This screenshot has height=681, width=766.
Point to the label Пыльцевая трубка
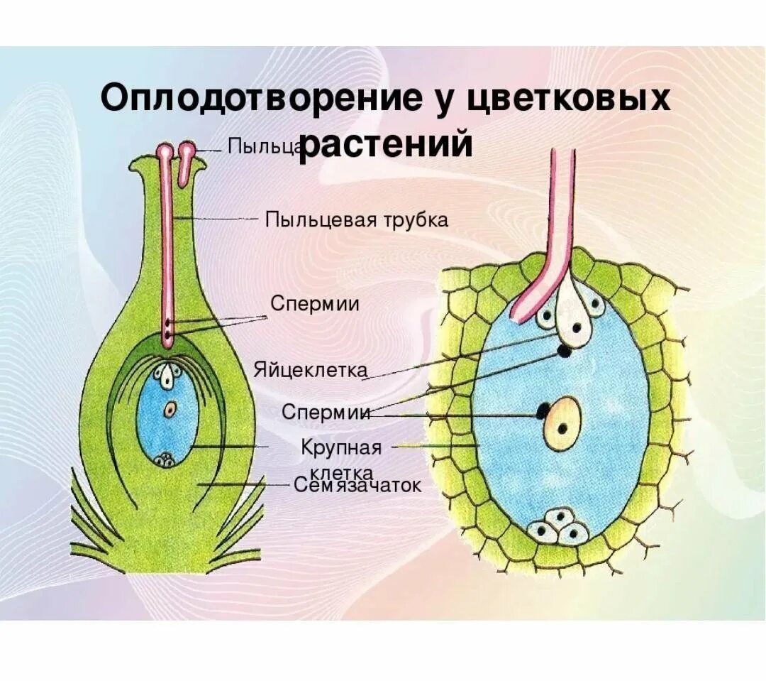[x=357, y=219]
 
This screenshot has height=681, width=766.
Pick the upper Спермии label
[x=314, y=304]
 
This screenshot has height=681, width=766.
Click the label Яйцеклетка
[x=311, y=370]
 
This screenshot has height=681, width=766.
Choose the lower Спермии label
[x=326, y=412]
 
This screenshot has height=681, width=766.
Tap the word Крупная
[x=341, y=448]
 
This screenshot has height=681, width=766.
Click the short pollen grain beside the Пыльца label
[x=187, y=160]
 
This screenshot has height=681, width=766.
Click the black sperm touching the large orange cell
[x=543, y=411]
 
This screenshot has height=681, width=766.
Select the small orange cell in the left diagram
[x=170, y=409]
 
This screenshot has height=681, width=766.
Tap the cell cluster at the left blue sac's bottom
[x=167, y=459]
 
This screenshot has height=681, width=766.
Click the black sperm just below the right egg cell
[x=565, y=351]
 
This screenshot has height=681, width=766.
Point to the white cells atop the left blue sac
[x=168, y=376]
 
